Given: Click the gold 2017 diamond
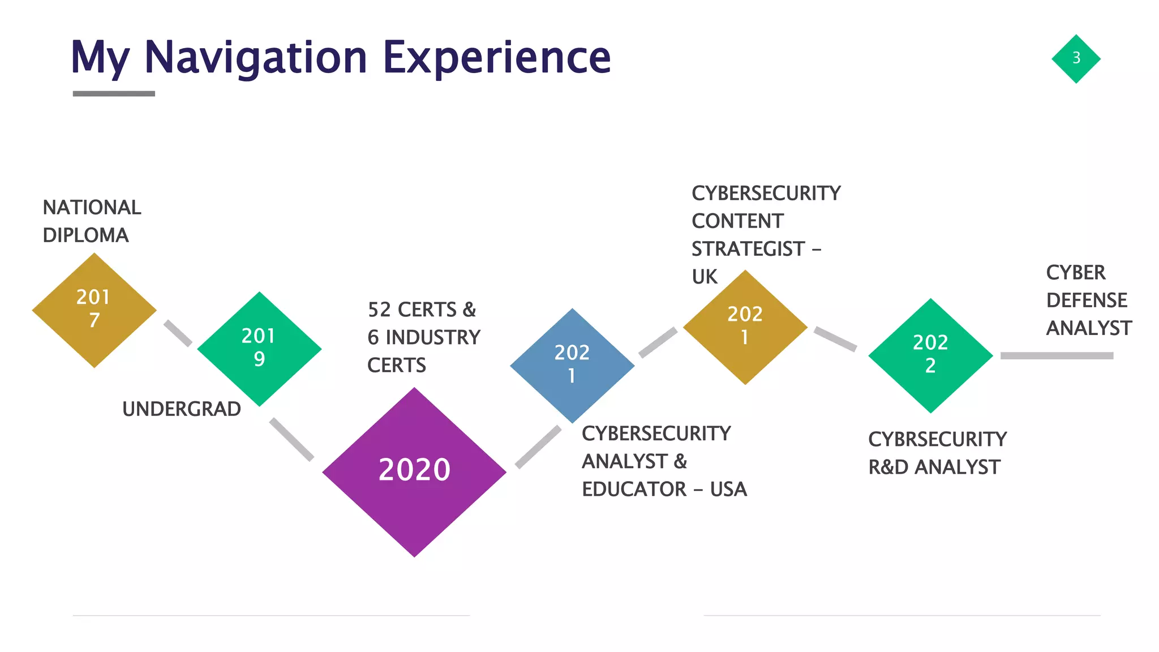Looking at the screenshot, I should pyautogui.click(x=94, y=310).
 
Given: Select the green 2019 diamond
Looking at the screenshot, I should pyautogui.click(x=259, y=349).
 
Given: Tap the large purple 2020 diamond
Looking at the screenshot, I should pyautogui.click(x=414, y=471).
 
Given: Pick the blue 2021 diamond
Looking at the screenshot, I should pyautogui.click(x=572, y=365).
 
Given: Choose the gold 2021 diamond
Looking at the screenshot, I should pyautogui.click(x=745, y=327).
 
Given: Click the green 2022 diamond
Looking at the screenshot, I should pyautogui.click(x=930, y=355).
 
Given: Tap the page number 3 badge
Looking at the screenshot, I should pyautogui.click(x=1076, y=58).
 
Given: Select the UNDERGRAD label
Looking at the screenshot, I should pyautogui.click(x=181, y=409).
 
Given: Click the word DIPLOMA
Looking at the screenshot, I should pyautogui.click(x=85, y=235).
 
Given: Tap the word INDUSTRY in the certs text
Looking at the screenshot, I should pyautogui.click(x=433, y=337).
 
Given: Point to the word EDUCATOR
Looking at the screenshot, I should pyautogui.click(x=634, y=489).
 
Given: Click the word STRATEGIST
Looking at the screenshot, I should pyautogui.click(x=748, y=248).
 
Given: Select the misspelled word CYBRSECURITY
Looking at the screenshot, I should pyautogui.click(x=937, y=439).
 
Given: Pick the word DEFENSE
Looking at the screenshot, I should pyautogui.click(x=1087, y=300).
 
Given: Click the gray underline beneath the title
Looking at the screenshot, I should pyautogui.click(x=114, y=93).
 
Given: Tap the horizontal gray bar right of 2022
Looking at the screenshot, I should pyautogui.click(x=1057, y=355).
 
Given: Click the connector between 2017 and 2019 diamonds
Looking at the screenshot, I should pyautogui.click(x=178, y=333).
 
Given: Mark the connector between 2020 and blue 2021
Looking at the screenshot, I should pyautogui.click(x=538, y=447).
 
